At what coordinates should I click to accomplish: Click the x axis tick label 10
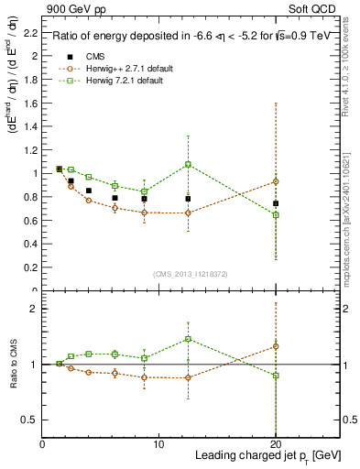(x=159, y=444)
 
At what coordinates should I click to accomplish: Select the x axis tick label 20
(x=276, y=444)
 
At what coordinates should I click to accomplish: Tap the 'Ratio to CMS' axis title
(x=11, y=364)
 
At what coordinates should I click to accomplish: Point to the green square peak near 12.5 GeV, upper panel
(x=188, y=165)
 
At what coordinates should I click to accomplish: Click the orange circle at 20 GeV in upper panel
(x=276, y=181)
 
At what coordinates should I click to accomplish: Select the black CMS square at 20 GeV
(x=276, y=203)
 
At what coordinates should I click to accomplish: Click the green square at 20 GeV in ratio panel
(x=276, y=376)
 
